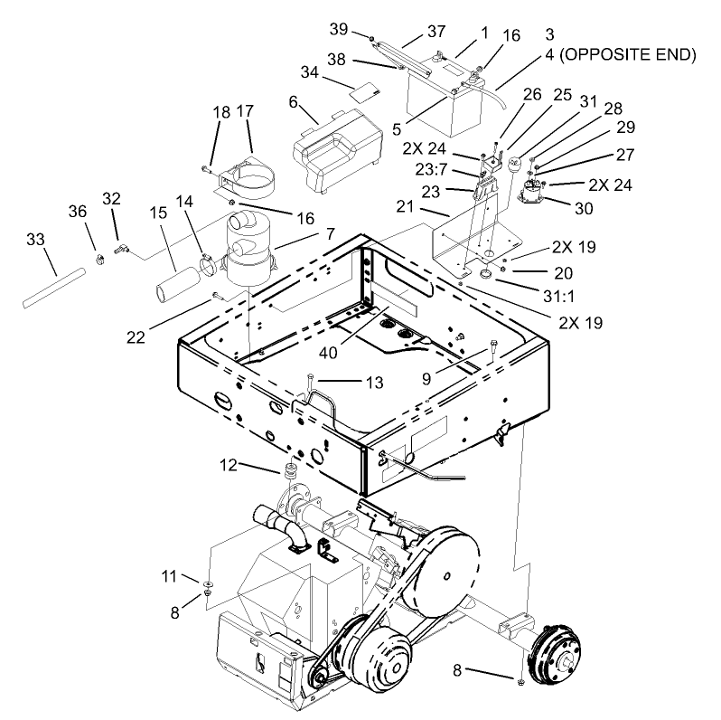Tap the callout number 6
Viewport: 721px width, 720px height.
click(x=294, y=102)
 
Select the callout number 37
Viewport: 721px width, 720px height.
click(x=436, y=32)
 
